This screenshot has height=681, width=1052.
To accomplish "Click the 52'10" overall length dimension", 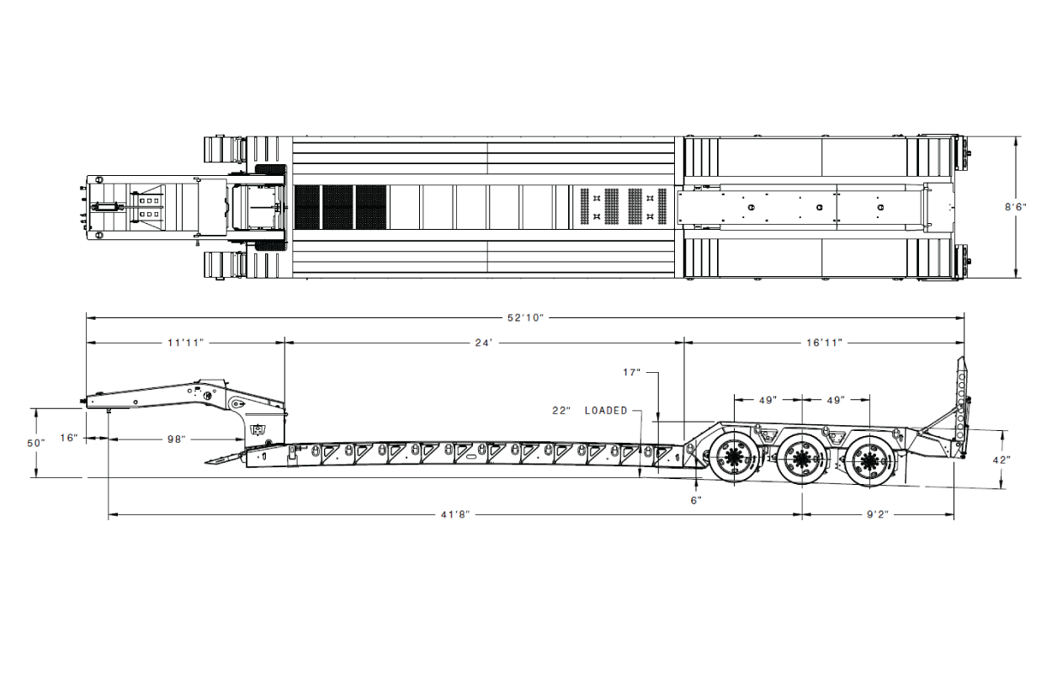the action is click(525, 318).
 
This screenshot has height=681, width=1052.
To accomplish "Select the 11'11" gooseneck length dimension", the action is click(186, 343).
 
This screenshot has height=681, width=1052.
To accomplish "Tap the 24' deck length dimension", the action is click(483, 343).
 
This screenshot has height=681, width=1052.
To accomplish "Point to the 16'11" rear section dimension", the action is click(824, 343).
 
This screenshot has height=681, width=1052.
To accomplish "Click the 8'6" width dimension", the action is click(1015, 207).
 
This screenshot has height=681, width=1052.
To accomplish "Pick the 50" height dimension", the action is click(35, 443).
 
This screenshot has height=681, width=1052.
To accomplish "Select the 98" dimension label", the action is click(177, 439).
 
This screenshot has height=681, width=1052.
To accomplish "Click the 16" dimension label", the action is click(68, 438).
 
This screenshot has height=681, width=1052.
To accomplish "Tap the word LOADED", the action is click(606, 411).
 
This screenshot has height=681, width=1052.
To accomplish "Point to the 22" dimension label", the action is click(561, 411).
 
